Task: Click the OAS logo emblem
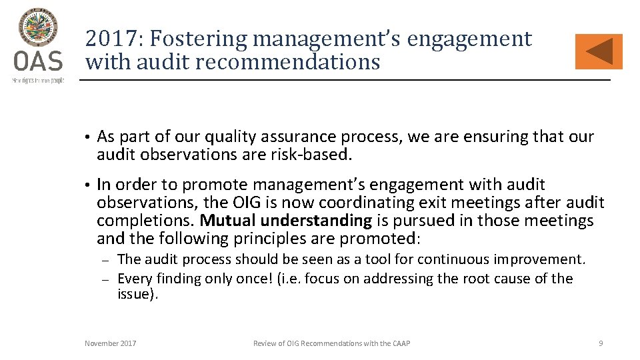click(x=38, y=29)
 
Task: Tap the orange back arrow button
click(x=598, y=52)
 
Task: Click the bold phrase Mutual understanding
click(x=285, y=221)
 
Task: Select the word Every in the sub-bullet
click(x=135, y=279)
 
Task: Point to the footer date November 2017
click(x=111, y=343)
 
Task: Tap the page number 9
click(x=601, y=343)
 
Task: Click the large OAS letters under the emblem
click(x=38, y=63)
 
